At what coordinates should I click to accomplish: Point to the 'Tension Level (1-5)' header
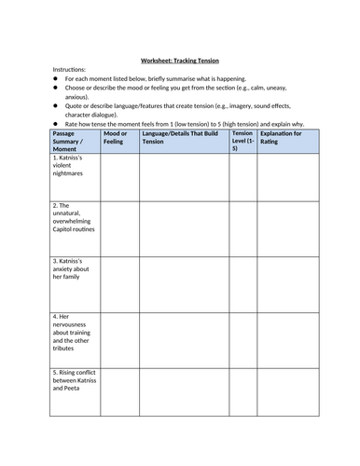pyautogui.click(x=242, y=141)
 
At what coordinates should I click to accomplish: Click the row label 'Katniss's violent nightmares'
pyautogui.click(x=75, y=167)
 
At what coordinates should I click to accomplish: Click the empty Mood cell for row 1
pyautogui.click(x=119, y=176)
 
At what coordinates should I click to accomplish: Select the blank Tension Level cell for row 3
pyautogui.click(x=242, y=283)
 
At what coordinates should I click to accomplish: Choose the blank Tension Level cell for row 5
pyautogui.click(x=242, y=402)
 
